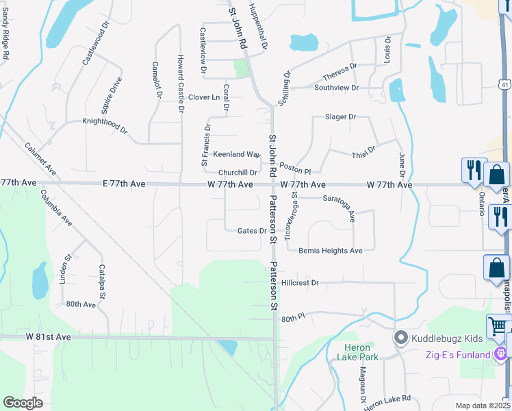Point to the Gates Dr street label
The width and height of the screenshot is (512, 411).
tap(251, 231)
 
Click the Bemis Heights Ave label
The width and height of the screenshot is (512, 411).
tap(331, 251)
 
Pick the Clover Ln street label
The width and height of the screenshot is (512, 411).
tap(204, 97)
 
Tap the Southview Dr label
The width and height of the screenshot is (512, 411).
tap(336, 88)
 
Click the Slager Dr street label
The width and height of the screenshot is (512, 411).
tap(340, 117)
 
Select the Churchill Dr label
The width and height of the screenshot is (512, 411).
tap(238, 173)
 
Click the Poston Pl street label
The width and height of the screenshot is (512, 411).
tap(295, 169)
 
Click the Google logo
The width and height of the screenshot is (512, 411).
tap(23, 403)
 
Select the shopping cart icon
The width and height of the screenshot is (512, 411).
tap(498, 325)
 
